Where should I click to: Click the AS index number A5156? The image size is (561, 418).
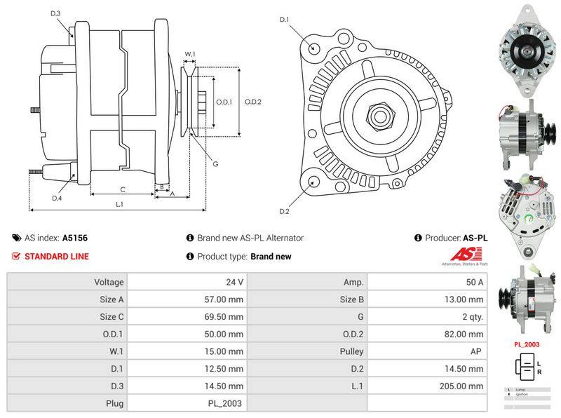75,238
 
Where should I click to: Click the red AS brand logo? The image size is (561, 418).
461,255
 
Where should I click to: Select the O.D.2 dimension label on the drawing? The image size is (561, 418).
253,102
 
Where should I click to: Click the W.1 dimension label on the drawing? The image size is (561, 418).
189,54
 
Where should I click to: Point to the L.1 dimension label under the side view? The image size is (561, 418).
119,204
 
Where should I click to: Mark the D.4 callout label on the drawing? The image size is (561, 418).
57,198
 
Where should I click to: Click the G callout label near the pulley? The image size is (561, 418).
216,163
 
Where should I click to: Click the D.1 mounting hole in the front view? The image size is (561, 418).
313,48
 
